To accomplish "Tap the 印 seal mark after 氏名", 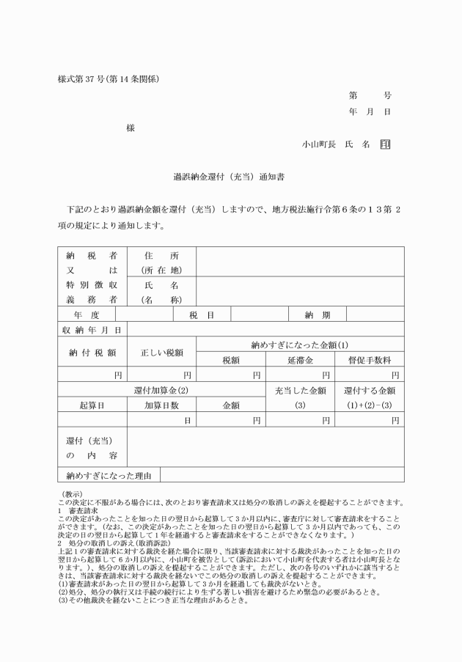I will pyautogui.click(x=385, y=144).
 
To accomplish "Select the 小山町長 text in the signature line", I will pyautogui.click(x=319, y=144).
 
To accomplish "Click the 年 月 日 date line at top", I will pyautogui.click(x=370, y=111).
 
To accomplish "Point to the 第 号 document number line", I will pyautogui.click(x=370, y=95).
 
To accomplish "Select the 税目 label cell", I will pyautogui.click(x=202, y=315).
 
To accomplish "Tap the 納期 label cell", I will pyautogui.click(x=318, y=315).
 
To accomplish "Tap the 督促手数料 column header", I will pyautogui.click(x=367, y=360).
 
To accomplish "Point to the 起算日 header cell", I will pyautogui.click(x=92, y=405).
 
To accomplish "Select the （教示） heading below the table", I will pyautogui.click(x=76, y=494).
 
